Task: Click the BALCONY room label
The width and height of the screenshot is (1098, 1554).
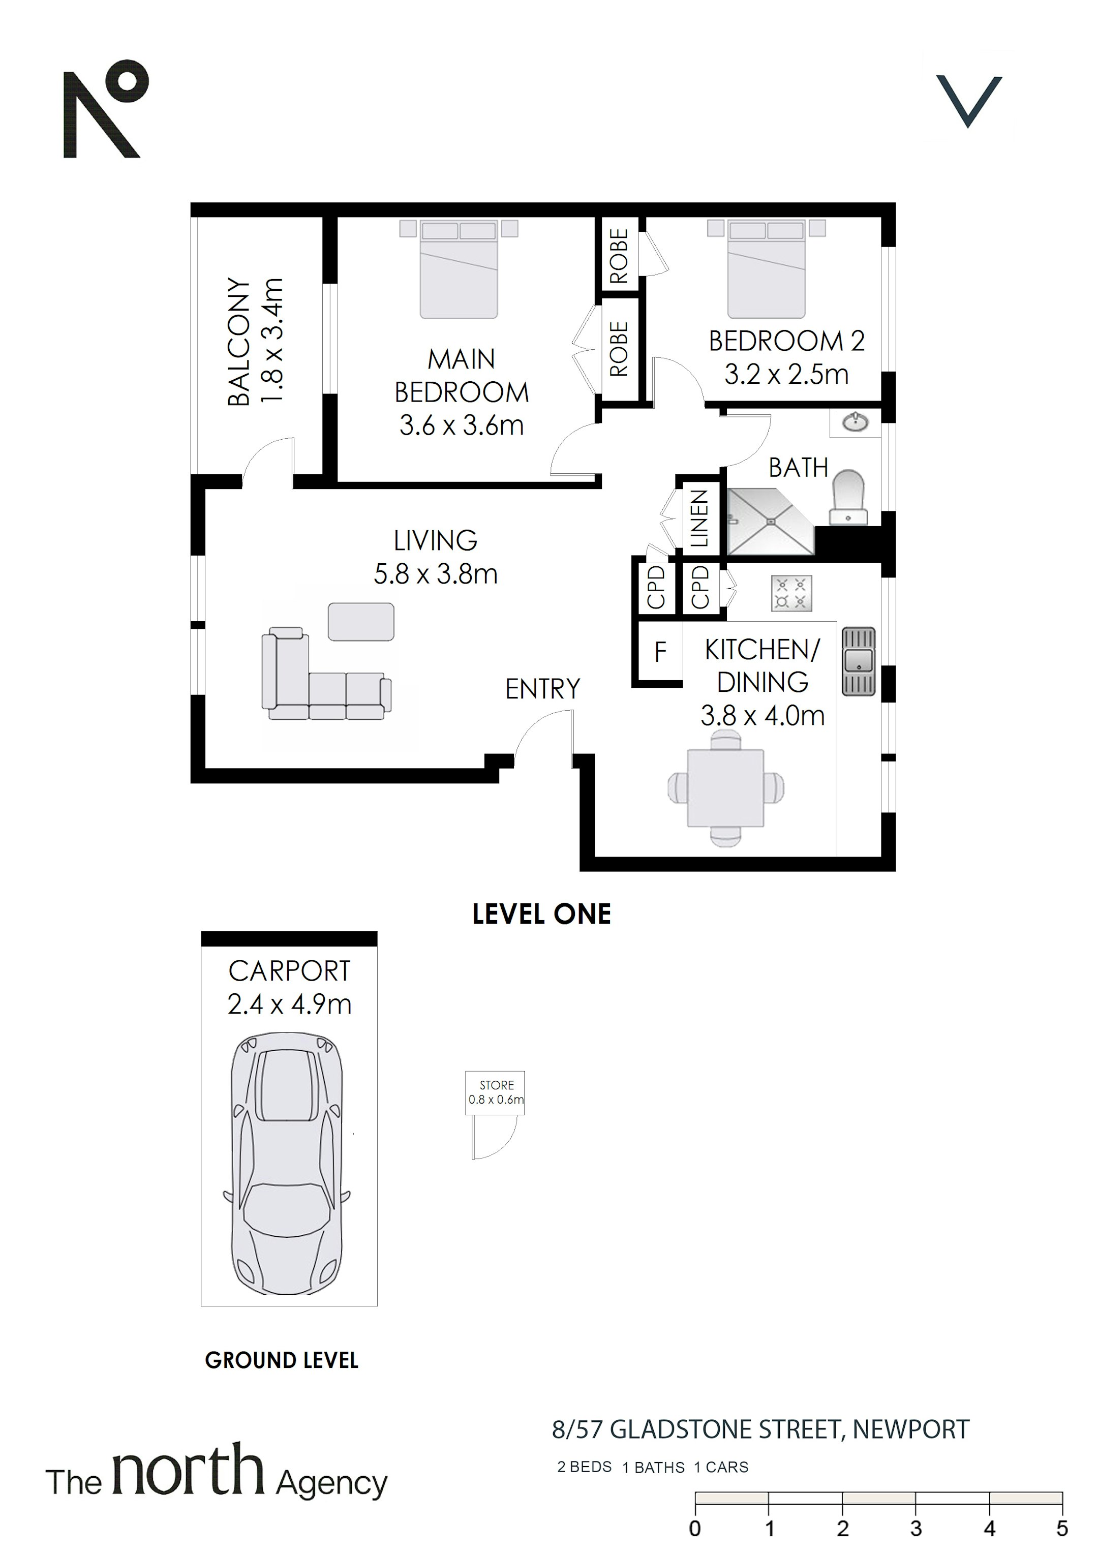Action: [238, 341]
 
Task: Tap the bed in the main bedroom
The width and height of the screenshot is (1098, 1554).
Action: [459, 269]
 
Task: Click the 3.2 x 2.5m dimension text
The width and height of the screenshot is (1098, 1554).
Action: [786, 374]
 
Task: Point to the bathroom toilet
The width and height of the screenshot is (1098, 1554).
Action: [848, 498]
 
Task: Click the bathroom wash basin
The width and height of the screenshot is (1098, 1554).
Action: [855, 423]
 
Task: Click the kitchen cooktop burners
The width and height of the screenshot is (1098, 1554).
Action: [790, 594]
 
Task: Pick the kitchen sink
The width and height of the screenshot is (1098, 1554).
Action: [859, 662]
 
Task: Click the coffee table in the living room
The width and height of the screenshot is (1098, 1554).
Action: [361, 621]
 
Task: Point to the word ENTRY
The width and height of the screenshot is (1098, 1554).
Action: [542, 689]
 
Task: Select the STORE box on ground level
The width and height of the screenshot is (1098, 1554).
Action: [495, 1092]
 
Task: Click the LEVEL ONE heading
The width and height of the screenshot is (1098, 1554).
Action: [541, 915]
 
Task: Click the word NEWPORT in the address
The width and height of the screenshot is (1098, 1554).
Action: [910, 1430]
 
